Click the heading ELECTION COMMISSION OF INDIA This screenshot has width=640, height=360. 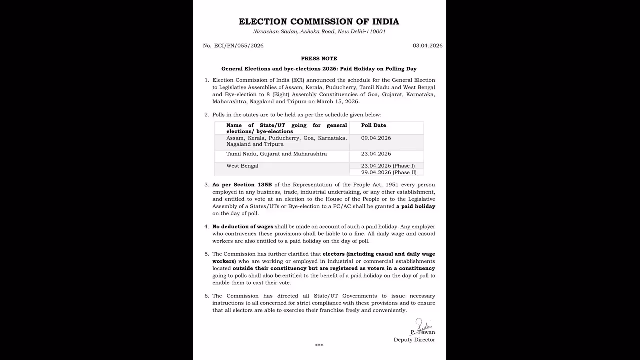click(x=319, y=22)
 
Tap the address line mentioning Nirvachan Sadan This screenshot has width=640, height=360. click(x=319, y=32)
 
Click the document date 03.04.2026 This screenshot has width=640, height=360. click(x=427, y=46)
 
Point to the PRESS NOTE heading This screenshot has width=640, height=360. click(x=319, y=59)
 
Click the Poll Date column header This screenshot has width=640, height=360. click(x=373, y=125)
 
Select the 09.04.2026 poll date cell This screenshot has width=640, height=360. click(x=376, y=138)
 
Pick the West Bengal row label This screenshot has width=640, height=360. click(x=242, y=166)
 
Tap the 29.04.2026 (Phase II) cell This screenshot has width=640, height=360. click(x=388, y=172)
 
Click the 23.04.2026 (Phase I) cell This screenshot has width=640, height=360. click(x=388, y=166)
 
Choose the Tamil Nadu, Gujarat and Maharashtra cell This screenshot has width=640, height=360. click(x=276, y=154)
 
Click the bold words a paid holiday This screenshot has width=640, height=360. click(x=416, y=206)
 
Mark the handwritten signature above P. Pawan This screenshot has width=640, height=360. click(x=422, y=324)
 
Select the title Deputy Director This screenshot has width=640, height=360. click(x=414, y=340)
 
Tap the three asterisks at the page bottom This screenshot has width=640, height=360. click(x=319, y=345)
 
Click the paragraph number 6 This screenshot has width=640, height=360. click(x=206, y=296)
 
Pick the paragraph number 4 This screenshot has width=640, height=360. click(x=206, y=226)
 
